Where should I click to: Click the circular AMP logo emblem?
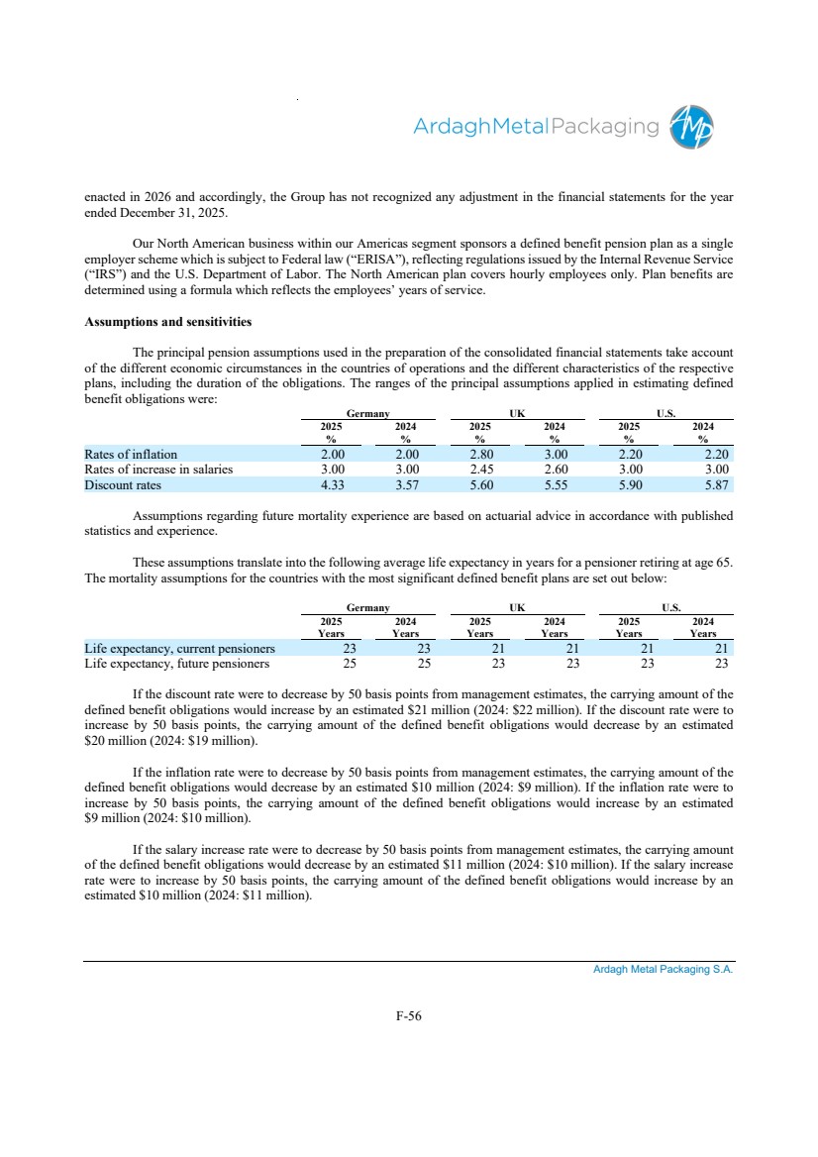tap(691, 127)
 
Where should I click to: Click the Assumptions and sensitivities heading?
tap(168, 322)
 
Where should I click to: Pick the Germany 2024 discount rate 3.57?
tap(405, 485)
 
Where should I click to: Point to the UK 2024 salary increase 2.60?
tap(555, 470)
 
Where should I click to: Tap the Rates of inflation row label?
tap(131, 455)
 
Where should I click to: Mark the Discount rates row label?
tap(123, 485)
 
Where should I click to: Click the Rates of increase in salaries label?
tap(158, 470)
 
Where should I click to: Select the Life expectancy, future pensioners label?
tap(177, 664)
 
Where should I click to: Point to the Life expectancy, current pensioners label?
tap(180, 649)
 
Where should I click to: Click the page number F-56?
tap(409, 1015)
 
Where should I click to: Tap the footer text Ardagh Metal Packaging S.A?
tap(664, 970)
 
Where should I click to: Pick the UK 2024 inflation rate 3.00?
tap(555, 455)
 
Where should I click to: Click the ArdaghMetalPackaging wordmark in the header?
tap(536, 127)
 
